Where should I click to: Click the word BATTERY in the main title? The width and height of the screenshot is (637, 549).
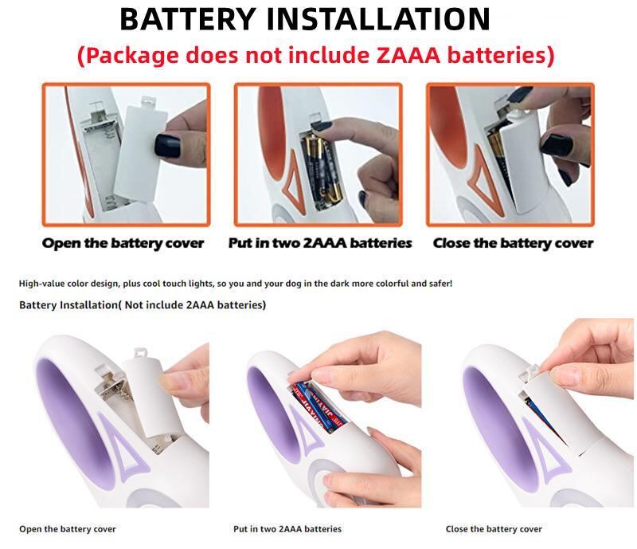tap(188, 18)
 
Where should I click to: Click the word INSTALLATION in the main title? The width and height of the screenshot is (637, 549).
tap(377, 18)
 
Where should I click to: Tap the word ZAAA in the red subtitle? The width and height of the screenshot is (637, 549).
tap(408, 55)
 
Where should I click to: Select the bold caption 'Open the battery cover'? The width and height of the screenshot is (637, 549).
tap(123, 243)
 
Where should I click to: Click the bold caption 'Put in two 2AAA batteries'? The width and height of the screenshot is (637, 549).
tap(320, 243)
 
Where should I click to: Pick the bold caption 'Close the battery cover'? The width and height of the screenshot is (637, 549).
tap(513, 243)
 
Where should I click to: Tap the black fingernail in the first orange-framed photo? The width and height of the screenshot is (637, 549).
tap(167, 146)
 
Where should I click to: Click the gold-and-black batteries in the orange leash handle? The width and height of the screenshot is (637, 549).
tap(323, 171)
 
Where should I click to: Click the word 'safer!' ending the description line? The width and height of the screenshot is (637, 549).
tap(441, 283)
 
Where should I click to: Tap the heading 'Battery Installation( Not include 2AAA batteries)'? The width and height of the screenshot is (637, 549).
tap(143, 304)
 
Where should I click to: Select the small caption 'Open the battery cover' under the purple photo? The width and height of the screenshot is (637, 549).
tap(68, 529)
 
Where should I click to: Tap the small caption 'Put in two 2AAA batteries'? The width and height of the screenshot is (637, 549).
tap(287, 529)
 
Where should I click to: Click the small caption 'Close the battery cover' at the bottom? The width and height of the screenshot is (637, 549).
tap(494, 529)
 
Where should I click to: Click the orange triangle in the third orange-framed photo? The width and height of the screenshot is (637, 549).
tap(487, 179)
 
